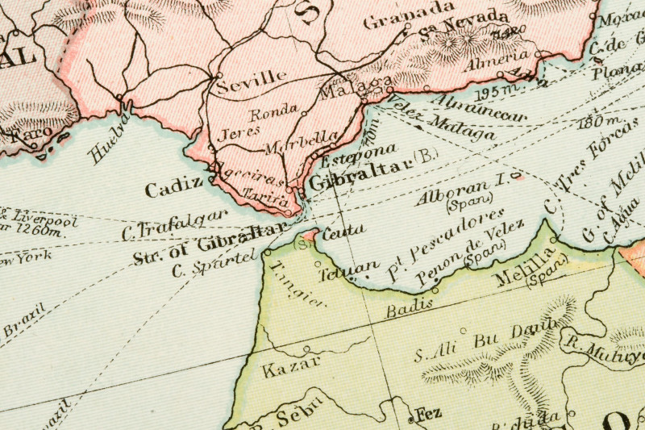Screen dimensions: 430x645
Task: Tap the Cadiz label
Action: click(173, 188)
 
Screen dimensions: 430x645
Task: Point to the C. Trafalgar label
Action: click(174, 227)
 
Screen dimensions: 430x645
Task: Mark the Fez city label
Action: click(429, 415)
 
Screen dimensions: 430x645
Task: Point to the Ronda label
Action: click(273, 112)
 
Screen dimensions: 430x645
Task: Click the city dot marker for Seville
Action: click(218, 77)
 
